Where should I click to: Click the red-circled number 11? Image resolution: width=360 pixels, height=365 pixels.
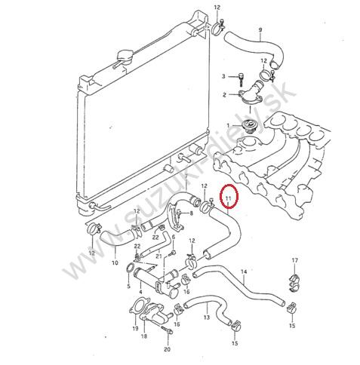coord(229,198)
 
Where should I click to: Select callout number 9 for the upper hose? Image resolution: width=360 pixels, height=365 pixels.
coord(260,29)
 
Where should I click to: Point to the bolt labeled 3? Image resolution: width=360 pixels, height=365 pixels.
coord(240,78)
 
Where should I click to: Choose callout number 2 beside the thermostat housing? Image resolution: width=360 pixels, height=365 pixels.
coord(224,95)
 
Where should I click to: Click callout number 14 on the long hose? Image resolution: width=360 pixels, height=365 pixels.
coord(244,271)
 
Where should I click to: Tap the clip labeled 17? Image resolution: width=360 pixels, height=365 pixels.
coord(295,283)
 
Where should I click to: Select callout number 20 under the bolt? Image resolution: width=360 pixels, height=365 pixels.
coord(167,349)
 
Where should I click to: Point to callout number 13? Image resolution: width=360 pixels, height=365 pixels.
coord(207,317)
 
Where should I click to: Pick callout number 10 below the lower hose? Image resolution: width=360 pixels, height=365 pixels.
coord(115,263)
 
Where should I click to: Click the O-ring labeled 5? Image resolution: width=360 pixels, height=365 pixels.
coord(129,268)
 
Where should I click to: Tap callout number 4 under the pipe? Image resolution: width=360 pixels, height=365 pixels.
coord(140,292)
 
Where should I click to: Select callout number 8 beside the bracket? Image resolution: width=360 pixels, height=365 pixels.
coord(192,213)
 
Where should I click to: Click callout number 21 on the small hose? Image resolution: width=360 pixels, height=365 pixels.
coord(158,256)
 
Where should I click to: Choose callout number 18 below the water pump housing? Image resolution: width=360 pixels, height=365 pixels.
coord(144,336)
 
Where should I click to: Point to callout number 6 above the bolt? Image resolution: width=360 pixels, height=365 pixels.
coord(174,237)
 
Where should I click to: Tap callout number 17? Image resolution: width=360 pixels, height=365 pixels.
coord(295,260)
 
